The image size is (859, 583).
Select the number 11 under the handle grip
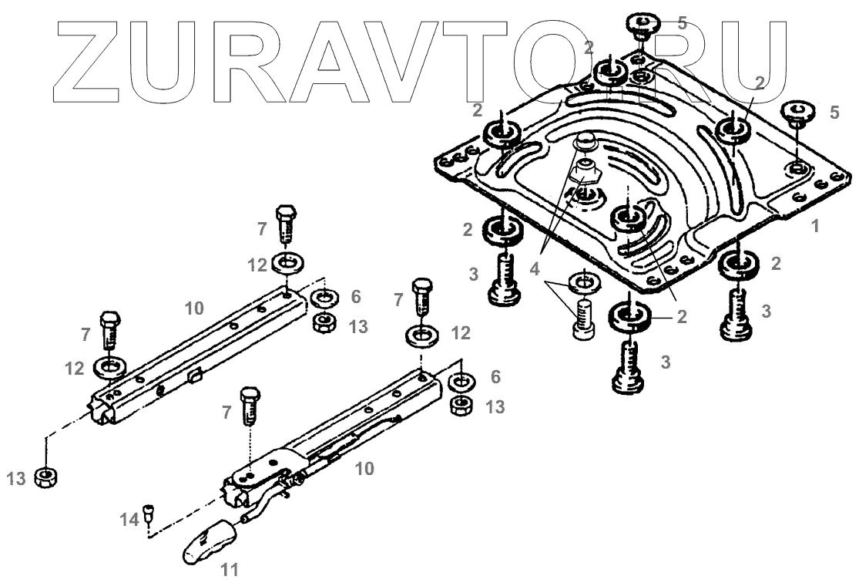(x=229, y=570)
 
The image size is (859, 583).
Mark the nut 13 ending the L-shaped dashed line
(x=49, y=478)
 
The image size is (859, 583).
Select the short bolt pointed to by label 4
(x=585, y=319)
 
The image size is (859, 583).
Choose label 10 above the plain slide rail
(x=194, y=308)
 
